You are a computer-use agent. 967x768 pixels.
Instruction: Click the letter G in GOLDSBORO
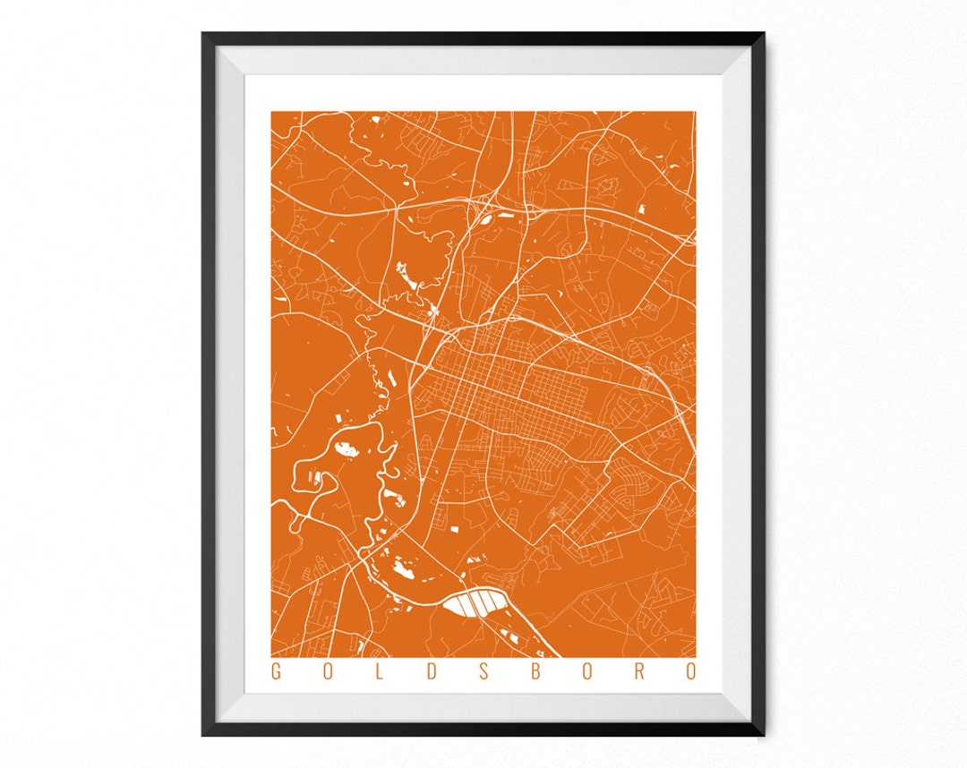click(276, 672)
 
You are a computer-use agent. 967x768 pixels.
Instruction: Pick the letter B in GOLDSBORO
click(535, 672)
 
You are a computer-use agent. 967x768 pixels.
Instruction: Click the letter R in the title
click(638, 672)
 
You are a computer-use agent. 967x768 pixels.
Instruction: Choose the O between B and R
click(586, 672)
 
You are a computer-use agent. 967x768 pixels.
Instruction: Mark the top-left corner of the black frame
click(205, 35)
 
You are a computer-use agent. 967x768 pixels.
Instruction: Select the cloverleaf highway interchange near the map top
click(488, 204)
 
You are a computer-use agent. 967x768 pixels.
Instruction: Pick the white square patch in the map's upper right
click(642, 209)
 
